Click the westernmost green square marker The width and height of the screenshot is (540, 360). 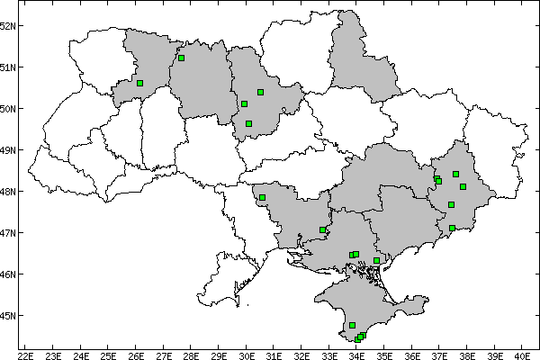click(139, 83)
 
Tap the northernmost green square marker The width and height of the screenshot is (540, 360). click(181, 58)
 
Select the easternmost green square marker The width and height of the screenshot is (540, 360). click(463, 187)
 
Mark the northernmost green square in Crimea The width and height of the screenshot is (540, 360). click(352, 325)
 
